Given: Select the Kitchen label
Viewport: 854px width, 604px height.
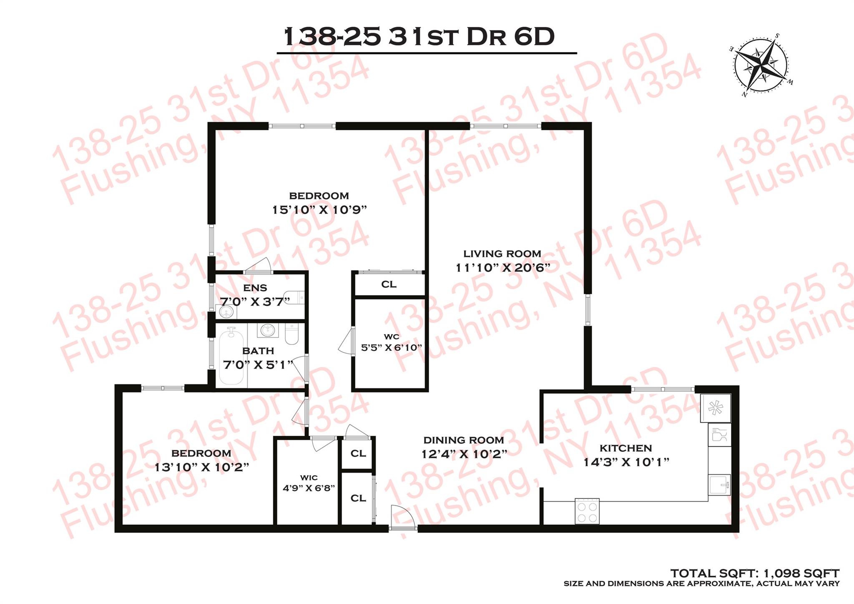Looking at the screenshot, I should pos(625,448).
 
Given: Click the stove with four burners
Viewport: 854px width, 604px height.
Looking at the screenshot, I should pos(587,511).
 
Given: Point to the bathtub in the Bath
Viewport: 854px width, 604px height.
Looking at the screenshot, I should pos(231,355).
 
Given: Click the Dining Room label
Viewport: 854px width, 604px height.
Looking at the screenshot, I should pos(464,440).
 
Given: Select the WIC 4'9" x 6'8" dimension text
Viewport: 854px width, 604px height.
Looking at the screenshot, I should pos(309,488).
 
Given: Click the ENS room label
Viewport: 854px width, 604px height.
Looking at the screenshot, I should pos(255,288).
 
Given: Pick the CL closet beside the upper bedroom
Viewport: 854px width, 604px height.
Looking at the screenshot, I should pos(389,284).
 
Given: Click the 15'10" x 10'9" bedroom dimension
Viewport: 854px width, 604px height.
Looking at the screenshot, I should pos(319,209).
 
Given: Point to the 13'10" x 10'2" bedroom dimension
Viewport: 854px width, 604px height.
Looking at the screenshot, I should pos(201,467).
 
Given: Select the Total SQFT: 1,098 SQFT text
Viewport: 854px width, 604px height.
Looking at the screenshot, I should pos(754,573).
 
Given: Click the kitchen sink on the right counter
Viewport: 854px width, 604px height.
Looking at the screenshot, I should pos(720,484).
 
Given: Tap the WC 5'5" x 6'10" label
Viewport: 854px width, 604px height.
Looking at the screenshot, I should pos(391,342).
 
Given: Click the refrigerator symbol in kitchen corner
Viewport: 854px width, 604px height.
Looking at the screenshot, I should pos(716,408).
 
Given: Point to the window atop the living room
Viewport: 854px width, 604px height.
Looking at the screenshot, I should pos(506,126).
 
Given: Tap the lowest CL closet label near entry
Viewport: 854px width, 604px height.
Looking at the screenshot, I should pos(358,498).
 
